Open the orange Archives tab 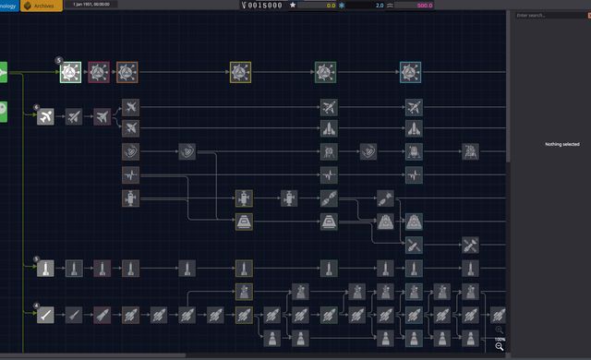(x=41, y=6)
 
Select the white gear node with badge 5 (x=71, y=72)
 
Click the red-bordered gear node (x=99, y=72)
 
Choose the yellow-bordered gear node (x=240, y=72)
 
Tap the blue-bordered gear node (x=411, y=72)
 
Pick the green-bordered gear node (x=325, y=72)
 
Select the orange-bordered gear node (x=127, y=72)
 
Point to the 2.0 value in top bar (x=380, y=6)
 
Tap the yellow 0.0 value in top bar (x=331, y=6)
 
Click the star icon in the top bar (x=293, y=6)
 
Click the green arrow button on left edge (x=3, y=72)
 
